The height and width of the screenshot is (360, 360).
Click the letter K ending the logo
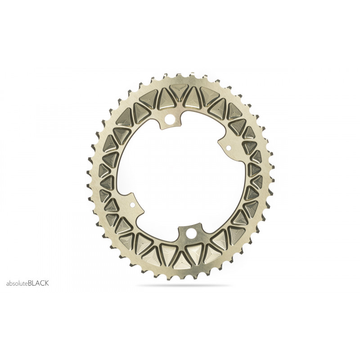coord(47,283)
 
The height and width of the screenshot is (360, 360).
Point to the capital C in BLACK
coord(42,283)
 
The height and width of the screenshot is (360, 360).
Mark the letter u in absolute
coord(22,284)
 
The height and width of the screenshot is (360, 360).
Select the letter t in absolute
coord(24,283)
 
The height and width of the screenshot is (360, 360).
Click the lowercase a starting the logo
coord(8,284)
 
